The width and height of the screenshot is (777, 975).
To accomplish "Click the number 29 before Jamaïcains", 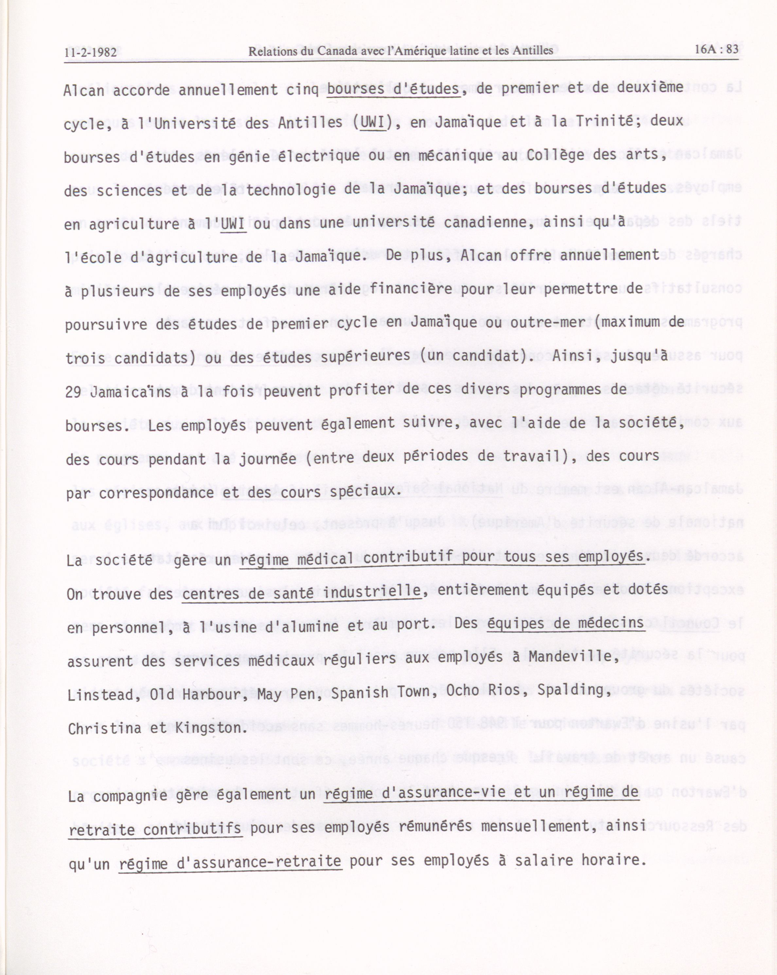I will point(73,392).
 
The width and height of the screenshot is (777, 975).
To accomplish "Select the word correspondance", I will point(156,493).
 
